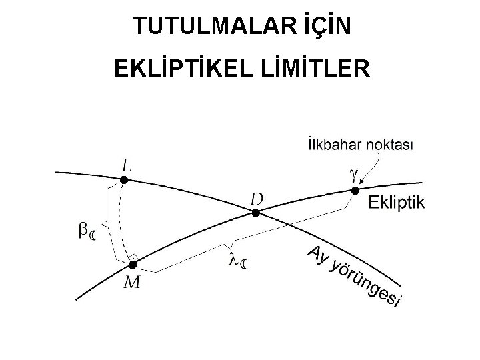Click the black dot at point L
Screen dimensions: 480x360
coord(123,180)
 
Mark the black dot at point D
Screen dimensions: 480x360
coord(255,213)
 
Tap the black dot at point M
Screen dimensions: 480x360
coord(133,265)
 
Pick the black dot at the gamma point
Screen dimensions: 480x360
coord(355,191)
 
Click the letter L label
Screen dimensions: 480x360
coord(125,164)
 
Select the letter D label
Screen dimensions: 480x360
coord(257,199)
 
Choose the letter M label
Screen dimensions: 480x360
coord(132,283)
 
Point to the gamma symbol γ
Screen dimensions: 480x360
coord(353,173)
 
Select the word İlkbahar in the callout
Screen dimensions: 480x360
coord(330,145)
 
